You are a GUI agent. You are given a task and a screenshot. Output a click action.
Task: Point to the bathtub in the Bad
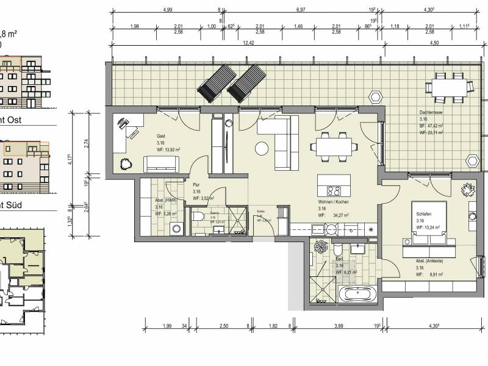tap(358, 294)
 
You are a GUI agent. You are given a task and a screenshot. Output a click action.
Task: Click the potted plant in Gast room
tap(127, 163)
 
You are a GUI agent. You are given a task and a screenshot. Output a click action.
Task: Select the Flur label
tap(196, 184)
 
